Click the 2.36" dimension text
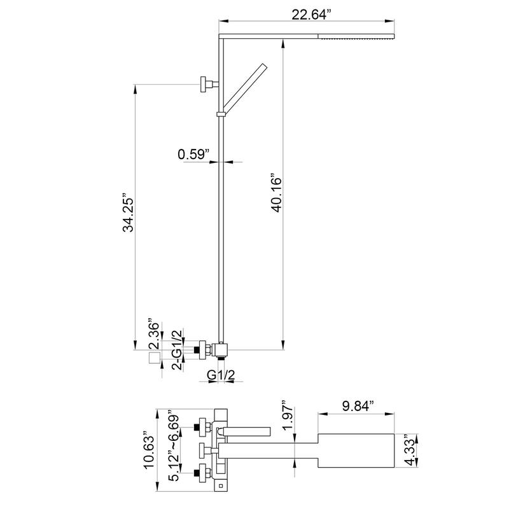pos(152,331)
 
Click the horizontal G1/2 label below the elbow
pos(222,377)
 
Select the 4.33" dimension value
pos(410,451)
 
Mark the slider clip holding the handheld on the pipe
pos(221,115)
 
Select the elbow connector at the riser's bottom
pos(220,349)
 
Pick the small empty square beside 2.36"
pos(153,359)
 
